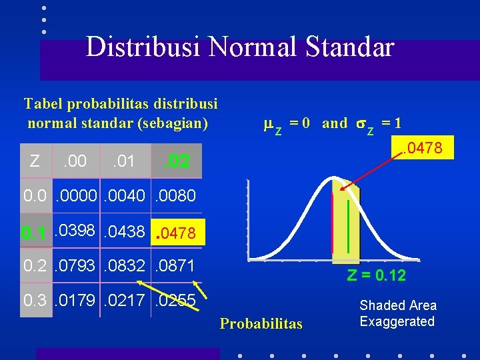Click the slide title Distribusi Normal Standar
[x=240, y=47]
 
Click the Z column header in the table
[x=35, y=161]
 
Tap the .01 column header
[x=123, y=161]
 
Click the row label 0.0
[x=35, y=196]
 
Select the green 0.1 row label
[x=33, y=233]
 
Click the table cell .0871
[x=175, y=267]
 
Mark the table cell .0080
[x=175, y=196]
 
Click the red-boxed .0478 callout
[x=425, y=145]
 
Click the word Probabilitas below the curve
[x=261, y=324]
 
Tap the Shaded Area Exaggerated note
[x=398, y=313]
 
